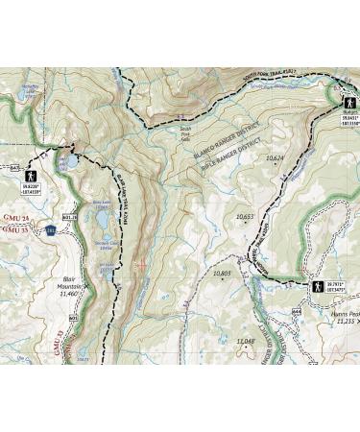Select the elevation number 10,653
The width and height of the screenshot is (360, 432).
tap(244, 216)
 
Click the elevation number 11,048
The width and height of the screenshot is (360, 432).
tap(245, 341)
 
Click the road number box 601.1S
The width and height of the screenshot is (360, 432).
tap(68, 218)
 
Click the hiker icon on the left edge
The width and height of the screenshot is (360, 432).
tap(31, 178)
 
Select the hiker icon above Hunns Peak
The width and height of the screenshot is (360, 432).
tap(316, 285)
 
